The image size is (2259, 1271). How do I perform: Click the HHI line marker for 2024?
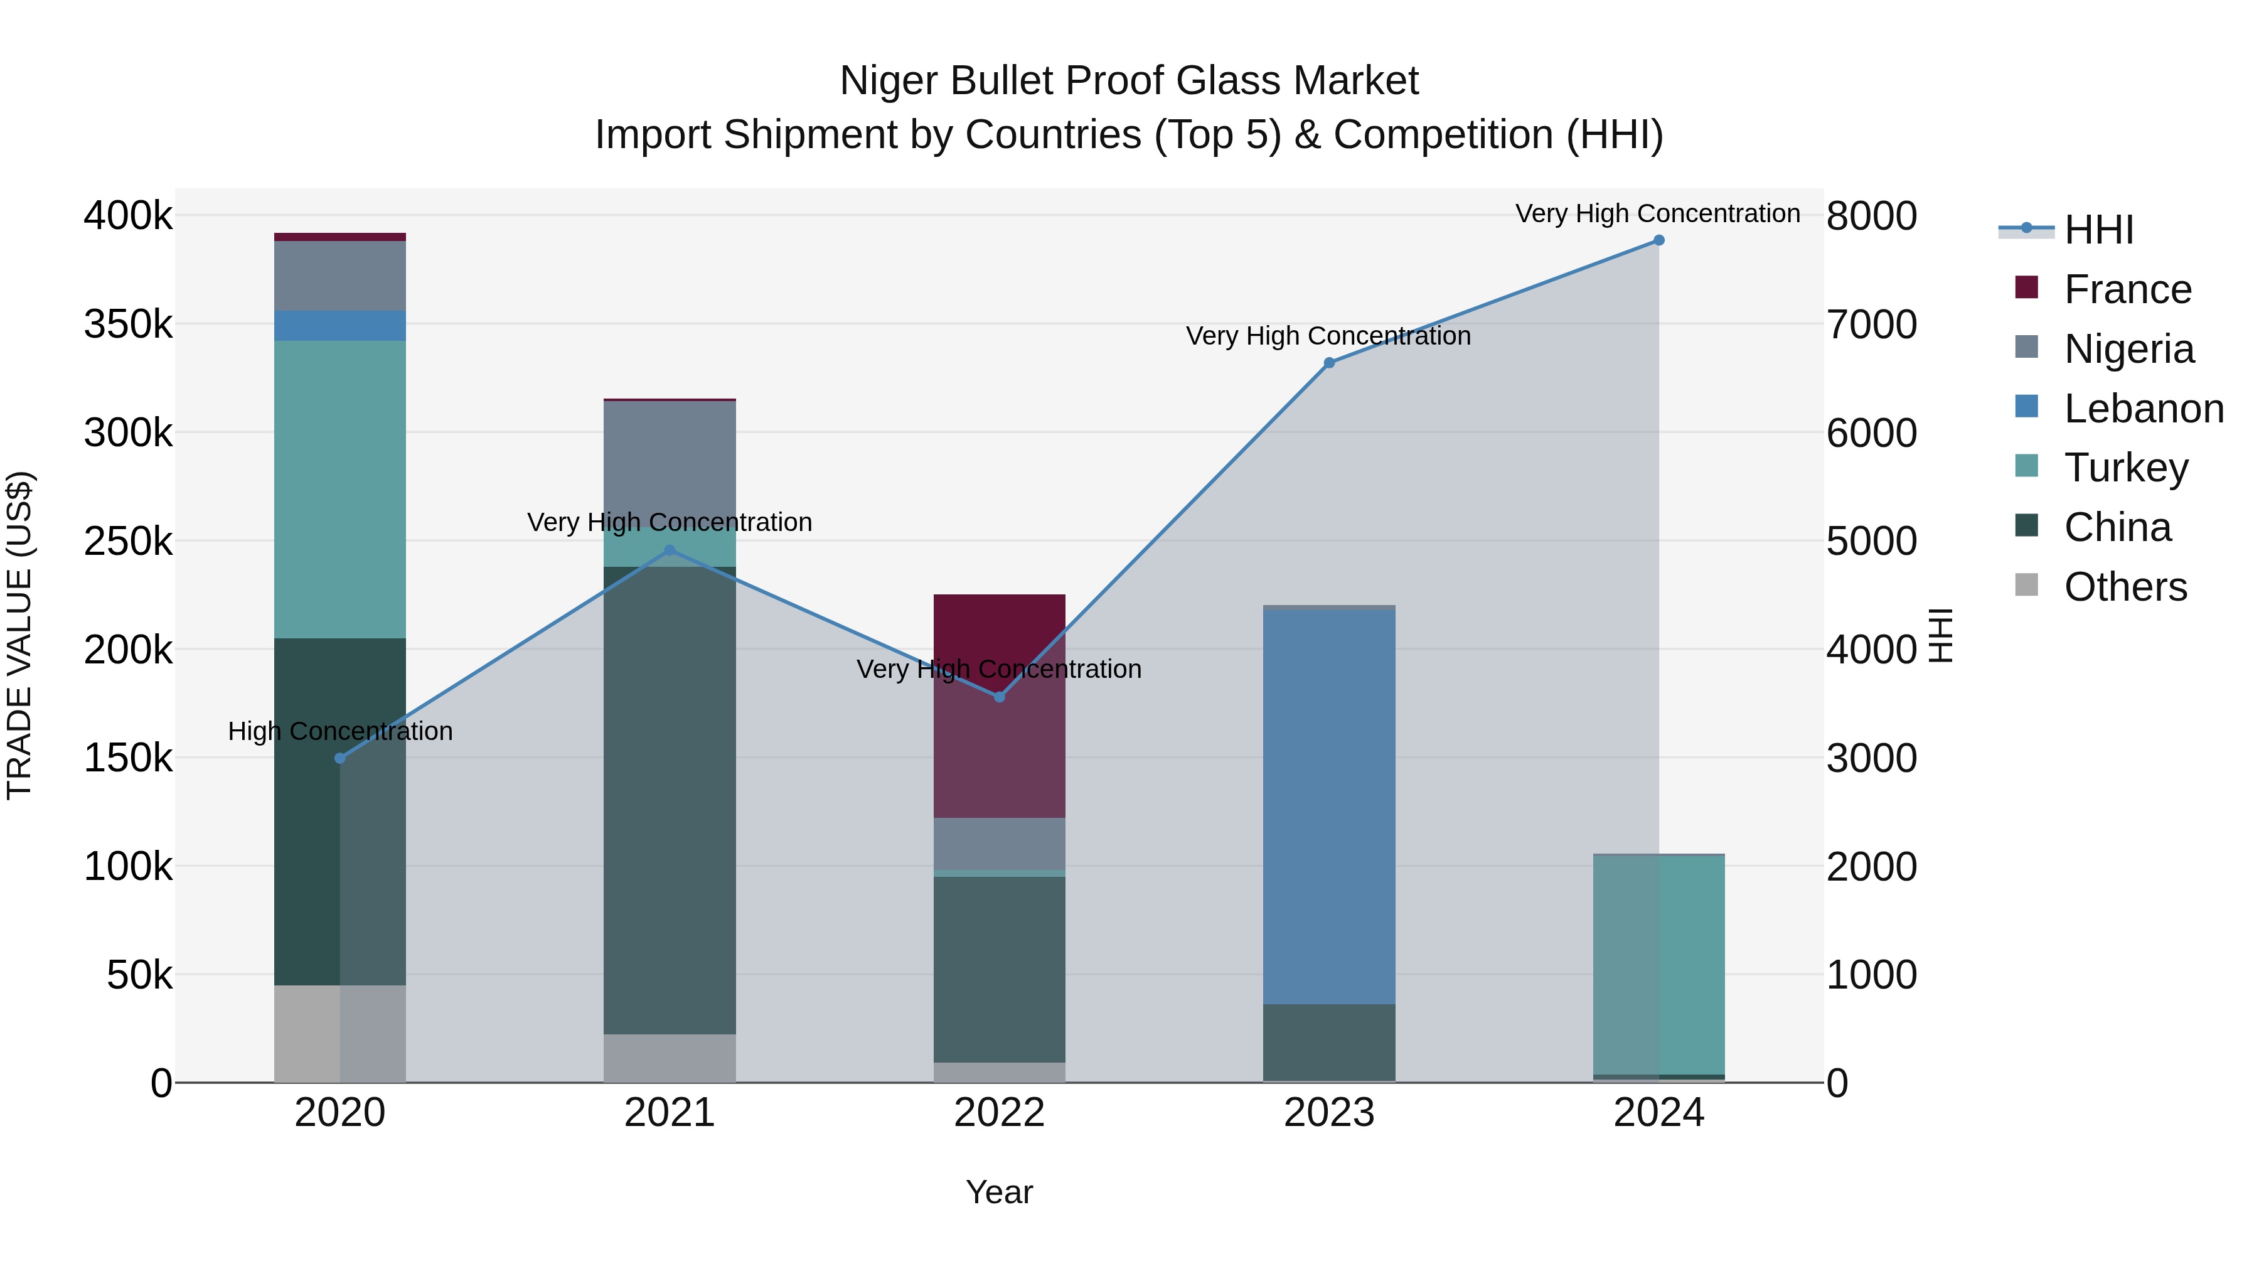point(1658,240)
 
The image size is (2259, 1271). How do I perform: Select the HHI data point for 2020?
point(340,758)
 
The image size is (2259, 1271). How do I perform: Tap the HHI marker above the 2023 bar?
point(1328,362)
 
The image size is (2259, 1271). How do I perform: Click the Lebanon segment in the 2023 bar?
point(1328,807)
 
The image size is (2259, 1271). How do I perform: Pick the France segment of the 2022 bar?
point(999,706)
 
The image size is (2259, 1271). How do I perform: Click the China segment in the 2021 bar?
point(669,800)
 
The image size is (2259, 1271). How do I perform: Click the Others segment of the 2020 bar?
point(340,1033)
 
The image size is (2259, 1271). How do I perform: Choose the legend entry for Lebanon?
point(2144,409)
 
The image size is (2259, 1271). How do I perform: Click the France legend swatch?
point(2027,287)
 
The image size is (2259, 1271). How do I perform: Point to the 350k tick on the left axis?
point(128,324)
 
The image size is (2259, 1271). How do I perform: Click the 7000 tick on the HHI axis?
point(1871,324)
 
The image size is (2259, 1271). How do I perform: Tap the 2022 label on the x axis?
point(999,1113)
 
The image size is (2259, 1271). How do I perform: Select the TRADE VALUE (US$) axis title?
point(19,635)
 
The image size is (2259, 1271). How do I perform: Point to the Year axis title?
point(999,1192)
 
